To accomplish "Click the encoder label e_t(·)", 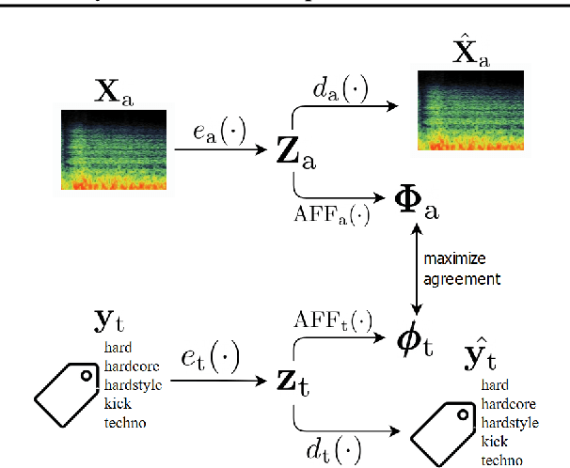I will click(x=210, y=358).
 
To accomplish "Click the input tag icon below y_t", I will click(x=67, y=391).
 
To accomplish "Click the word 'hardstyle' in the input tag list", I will click(x=133, y=385).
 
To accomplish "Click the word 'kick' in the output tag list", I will click(x=495, y=441).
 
